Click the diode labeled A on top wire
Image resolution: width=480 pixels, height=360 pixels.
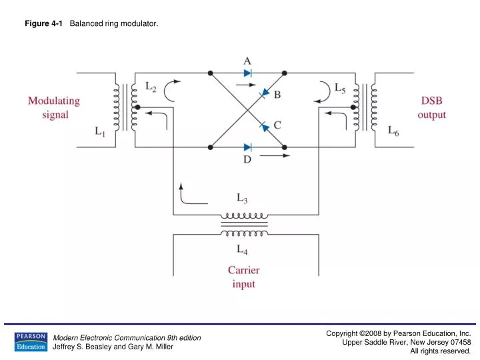[247, 72]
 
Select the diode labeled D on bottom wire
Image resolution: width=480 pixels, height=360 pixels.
[247, 147]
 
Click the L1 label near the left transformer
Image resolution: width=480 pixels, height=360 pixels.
[99, 132]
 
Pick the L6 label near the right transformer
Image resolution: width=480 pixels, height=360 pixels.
[395, 132]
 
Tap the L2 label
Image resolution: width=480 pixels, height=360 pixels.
[152, 87]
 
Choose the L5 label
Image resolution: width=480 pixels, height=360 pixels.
[339, 87]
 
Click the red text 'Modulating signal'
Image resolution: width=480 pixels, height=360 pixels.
[53, 107]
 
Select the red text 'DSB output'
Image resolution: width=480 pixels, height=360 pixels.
[431, 107]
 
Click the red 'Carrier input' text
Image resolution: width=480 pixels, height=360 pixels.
[244, 277]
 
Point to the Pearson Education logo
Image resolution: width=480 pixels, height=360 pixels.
[30, 341]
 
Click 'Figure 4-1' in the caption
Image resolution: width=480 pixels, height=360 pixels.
[44, 24]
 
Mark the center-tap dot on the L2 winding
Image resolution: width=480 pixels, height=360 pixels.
[136, 107]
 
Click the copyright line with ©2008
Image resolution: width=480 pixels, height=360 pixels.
[399, 333]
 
